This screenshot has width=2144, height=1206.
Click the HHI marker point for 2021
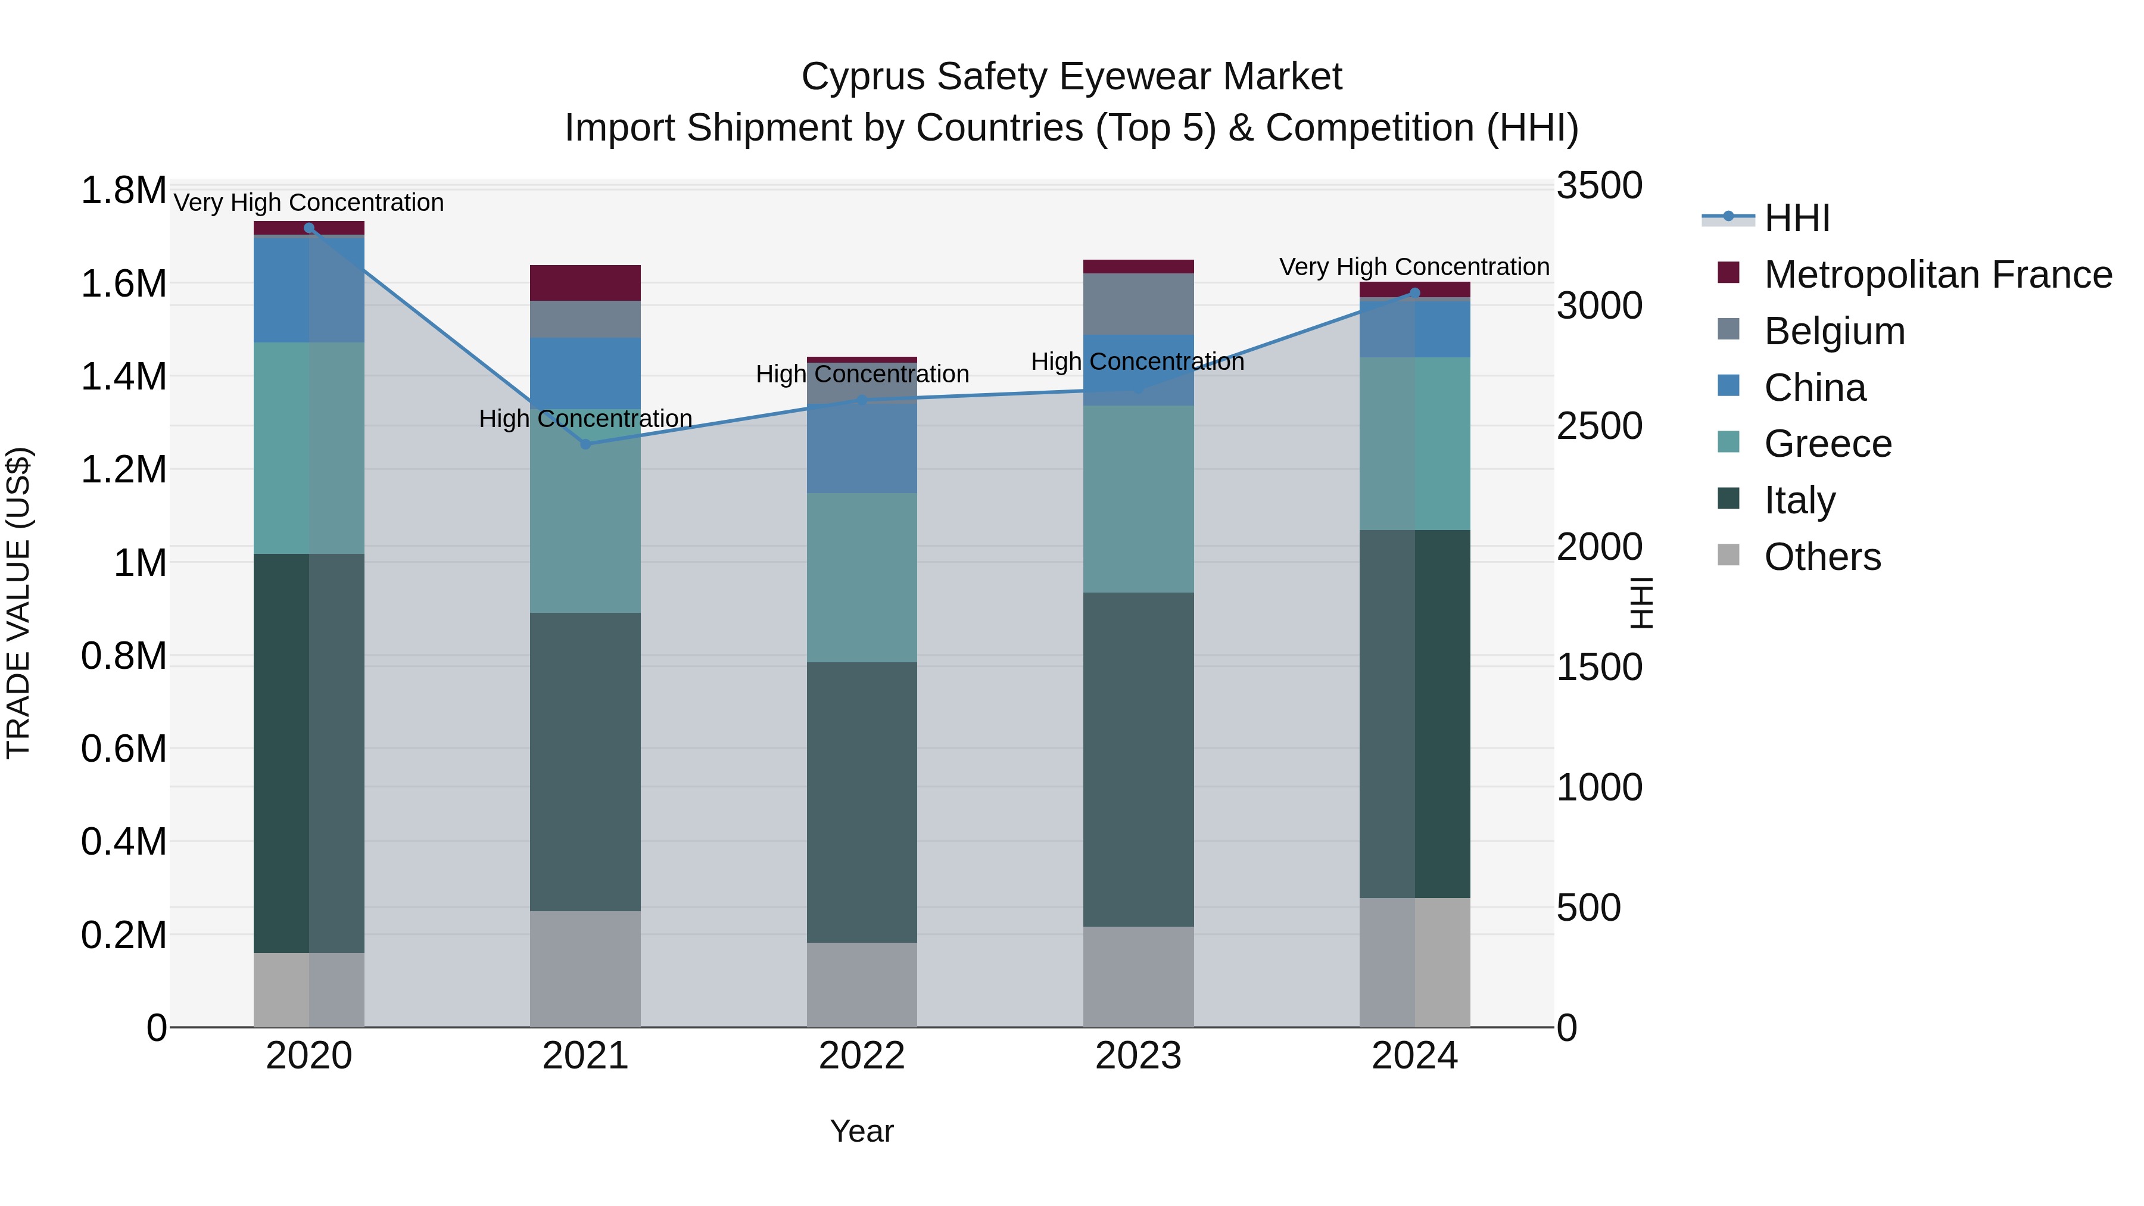pyautogui.click(x=585, y=444)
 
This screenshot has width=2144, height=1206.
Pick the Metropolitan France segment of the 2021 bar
pyautogui.click(x=585, y=283)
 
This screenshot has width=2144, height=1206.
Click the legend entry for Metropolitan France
pyautogui.click(x=1937, y=275)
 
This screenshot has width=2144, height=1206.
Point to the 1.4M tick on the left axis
pyautogui.click(x=123, y=377)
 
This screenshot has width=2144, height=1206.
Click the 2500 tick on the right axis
pyautogui.click(x=1599, y=426)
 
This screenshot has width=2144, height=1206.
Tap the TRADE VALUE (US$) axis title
pyautogui.click(x=19, y=603)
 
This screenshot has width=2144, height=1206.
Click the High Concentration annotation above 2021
pyautogui.click(x=585, y=419)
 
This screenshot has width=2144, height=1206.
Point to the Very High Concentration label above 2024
pyautogui.click(x=1413, y=267)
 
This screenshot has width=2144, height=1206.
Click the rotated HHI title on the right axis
pyautogui.click(x=1641, y=603)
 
